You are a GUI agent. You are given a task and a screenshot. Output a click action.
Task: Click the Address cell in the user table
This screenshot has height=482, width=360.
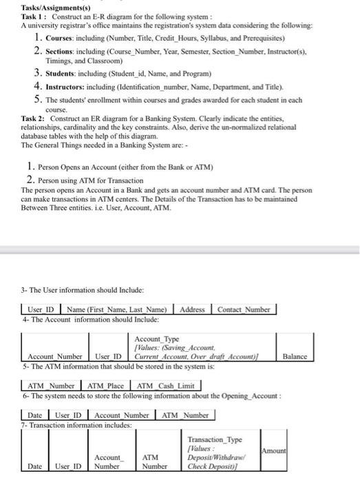pyautogui.click(x=192, y=309)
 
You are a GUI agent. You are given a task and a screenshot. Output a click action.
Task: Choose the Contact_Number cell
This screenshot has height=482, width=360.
pyautogui.click(x=244, y=309)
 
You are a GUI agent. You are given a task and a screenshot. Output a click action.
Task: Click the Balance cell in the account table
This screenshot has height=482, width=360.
pyautogui.click(x=295, y=357)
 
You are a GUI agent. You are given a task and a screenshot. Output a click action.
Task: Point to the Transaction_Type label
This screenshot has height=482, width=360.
pyautogui.click(x=215, y=439)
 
